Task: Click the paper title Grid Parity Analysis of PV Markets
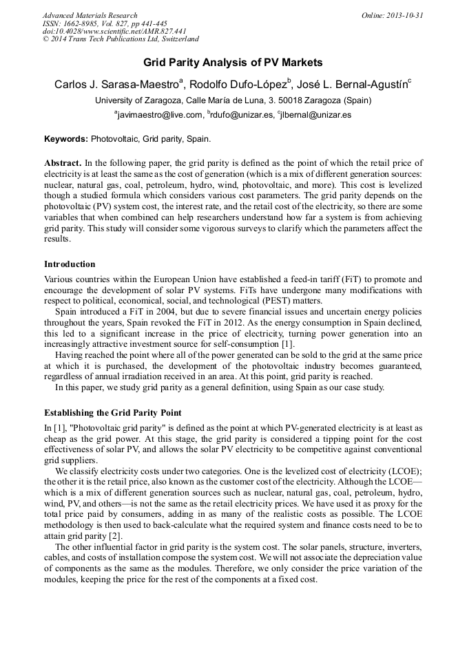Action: [x=233, y=63]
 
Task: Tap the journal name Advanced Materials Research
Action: [x=90, y=15]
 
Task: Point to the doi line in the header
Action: [x=114, y=32]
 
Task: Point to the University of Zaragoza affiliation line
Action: [x=233, y=100]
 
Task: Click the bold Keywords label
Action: [x=66, y=138]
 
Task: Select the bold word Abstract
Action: [x=63, y=163]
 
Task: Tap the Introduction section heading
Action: [x=70, y=264]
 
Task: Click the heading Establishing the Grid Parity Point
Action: [x=112, y=413]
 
